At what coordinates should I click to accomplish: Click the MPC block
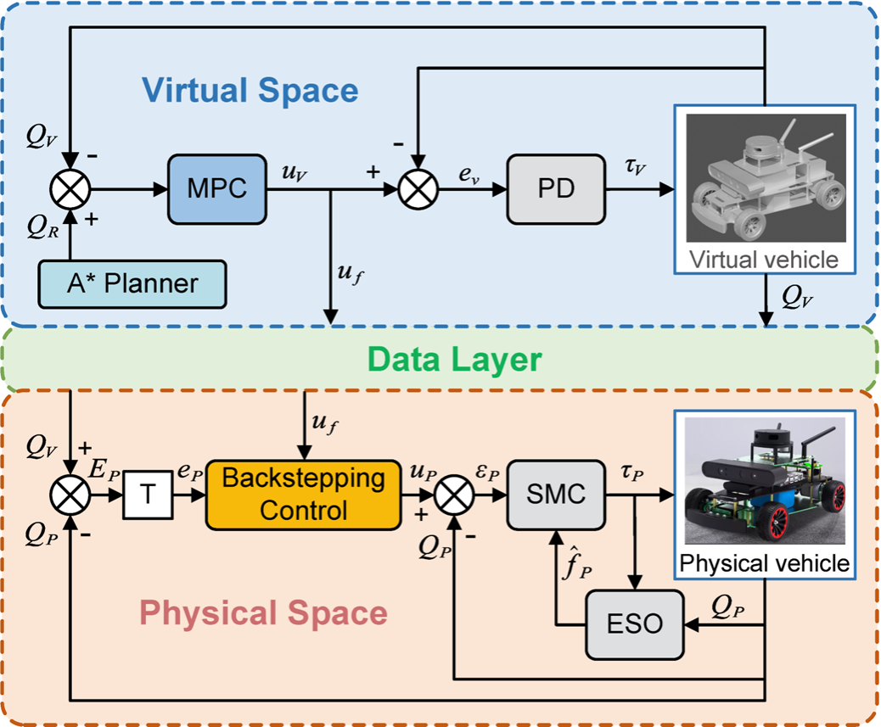pos(217,188)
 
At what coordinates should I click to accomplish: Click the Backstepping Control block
pos(302,495)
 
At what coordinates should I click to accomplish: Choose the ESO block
pos(635,624)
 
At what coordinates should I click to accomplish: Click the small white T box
pos(149,495)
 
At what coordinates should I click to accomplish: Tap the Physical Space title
pos(263,612)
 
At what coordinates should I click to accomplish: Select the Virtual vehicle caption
pos(762,260)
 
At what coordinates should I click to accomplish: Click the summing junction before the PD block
pos(416,188)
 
